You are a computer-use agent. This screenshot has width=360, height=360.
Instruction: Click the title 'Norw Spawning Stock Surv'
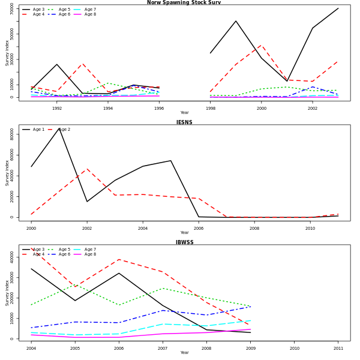click(184, 2)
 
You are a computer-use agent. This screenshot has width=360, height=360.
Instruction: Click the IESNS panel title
click(184, 122)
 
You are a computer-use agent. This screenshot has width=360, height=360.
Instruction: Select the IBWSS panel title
click(184, 242)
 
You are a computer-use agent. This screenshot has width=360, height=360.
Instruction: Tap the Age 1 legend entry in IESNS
click(37, 130)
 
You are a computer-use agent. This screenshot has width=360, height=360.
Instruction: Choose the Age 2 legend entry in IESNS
click(64, 130)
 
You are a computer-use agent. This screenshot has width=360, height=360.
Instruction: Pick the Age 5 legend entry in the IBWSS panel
click(64, 250)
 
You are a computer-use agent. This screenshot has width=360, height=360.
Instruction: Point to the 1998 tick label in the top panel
click(210, 109)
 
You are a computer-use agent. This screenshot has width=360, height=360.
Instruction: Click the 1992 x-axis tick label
click(57, 109)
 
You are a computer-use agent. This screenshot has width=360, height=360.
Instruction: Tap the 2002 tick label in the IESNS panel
click(87, 229)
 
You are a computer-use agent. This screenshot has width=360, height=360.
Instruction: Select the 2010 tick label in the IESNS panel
click(310, 229)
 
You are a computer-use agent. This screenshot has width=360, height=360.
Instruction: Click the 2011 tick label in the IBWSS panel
click(338, 348)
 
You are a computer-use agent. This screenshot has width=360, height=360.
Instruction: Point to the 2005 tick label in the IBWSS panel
click(75, 348)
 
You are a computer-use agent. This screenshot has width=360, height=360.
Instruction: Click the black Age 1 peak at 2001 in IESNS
click(59, 127)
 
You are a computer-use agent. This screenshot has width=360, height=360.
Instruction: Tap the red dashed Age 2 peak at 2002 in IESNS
click(87, 169)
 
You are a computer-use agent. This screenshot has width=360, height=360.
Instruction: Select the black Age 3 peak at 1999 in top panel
click(236, 21)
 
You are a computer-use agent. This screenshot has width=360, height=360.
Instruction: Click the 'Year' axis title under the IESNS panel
click(184, 233)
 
